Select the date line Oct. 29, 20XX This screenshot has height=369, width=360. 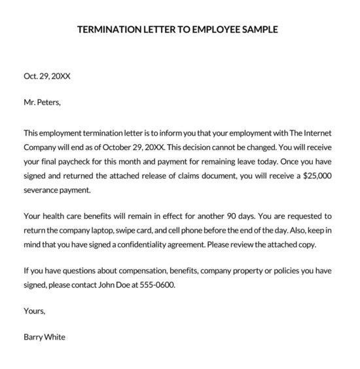tap(46, 76)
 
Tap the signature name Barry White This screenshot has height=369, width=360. tap(45, 338)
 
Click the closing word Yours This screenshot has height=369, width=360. tap(34, 311)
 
